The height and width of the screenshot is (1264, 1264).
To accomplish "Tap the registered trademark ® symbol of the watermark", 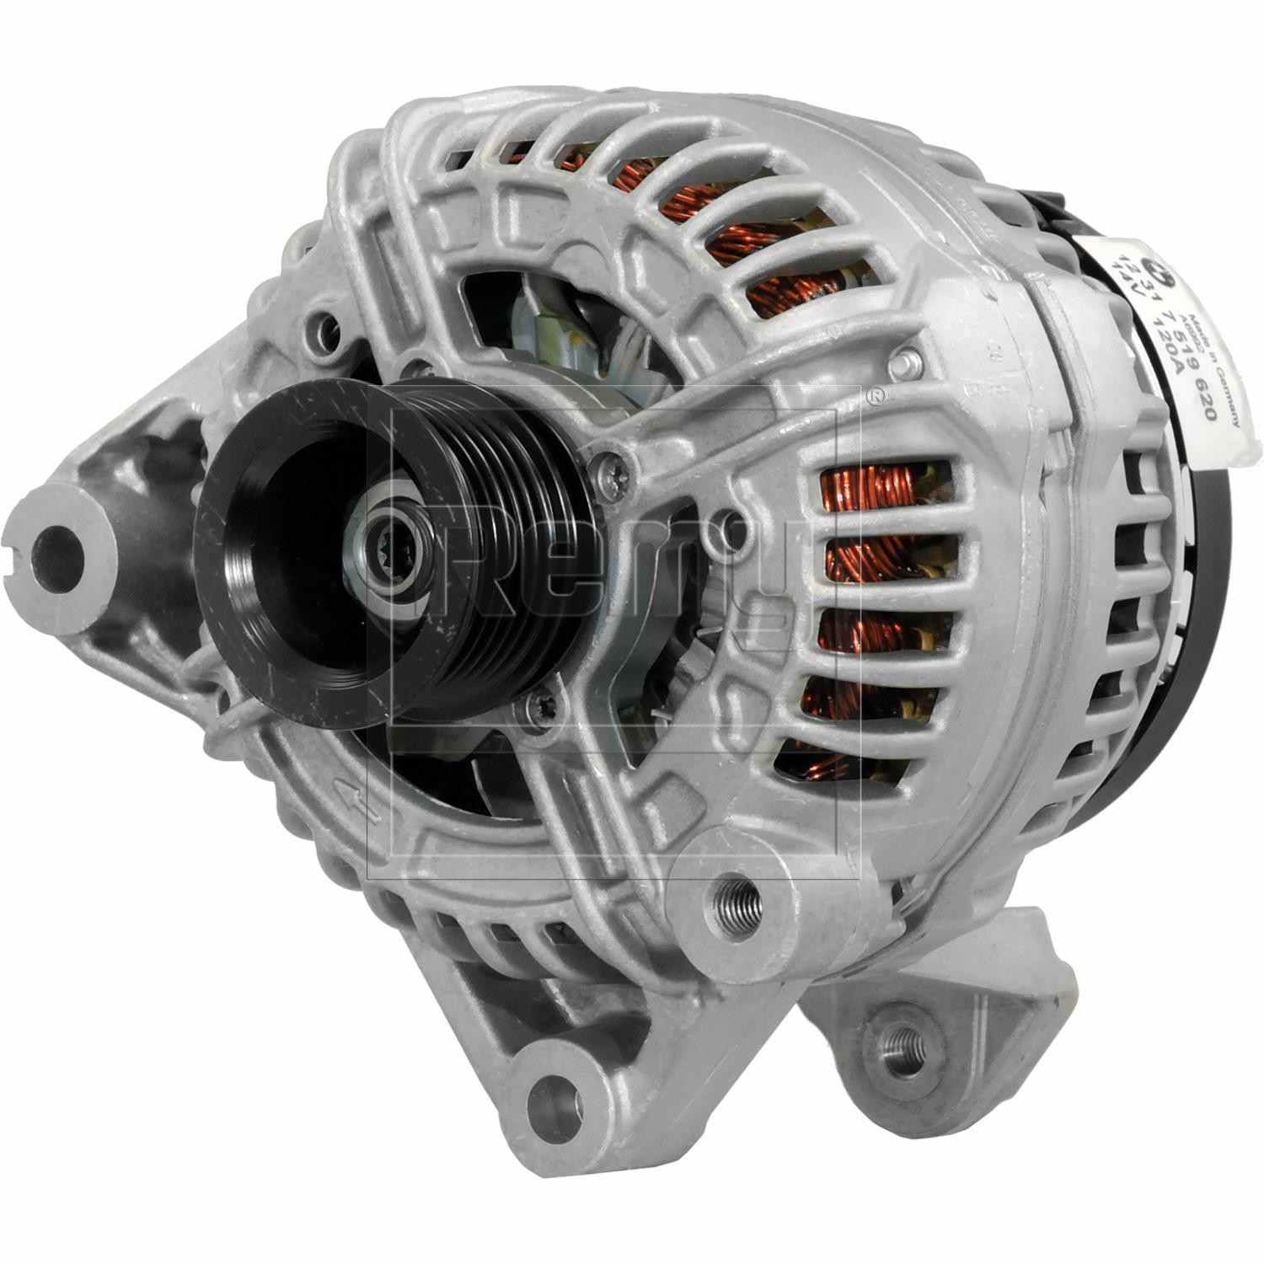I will click(x=876, y=395).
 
